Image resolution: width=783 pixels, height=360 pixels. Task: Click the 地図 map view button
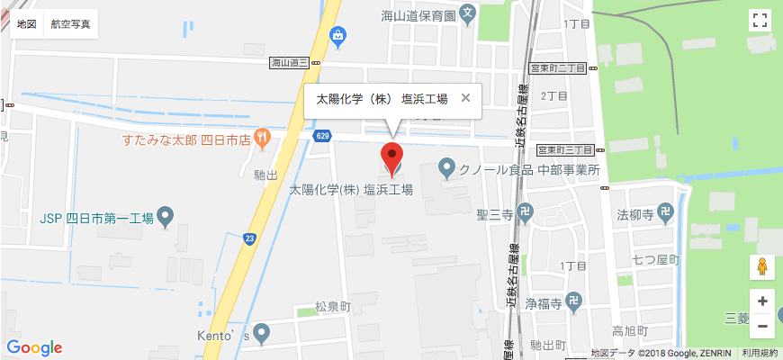pos(26,24)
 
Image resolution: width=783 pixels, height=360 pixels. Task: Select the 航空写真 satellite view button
pos(71,24)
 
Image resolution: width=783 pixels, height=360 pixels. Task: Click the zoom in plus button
pos(762,301)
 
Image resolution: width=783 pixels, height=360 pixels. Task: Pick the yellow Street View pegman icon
pos(762,267)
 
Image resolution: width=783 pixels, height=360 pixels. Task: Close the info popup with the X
pos(465,98)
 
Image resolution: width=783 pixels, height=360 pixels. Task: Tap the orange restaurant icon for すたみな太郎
pos(262,139)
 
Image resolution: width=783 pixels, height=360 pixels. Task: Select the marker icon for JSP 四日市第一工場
pos(166,216)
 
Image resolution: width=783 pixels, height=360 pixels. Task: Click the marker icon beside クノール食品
pos(445,167)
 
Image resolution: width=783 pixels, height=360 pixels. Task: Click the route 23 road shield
pos(249,238)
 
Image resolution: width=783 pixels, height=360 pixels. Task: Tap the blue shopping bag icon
pos(337,36)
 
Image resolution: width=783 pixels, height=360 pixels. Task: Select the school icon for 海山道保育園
pos(467,13)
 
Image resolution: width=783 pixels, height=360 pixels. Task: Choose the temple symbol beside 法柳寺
pos(664,214)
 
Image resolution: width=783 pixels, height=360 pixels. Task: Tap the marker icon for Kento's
pos(262,335)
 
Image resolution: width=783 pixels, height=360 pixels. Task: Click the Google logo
pos(34,347)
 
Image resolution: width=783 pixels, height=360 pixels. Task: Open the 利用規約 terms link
pos(760,353)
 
